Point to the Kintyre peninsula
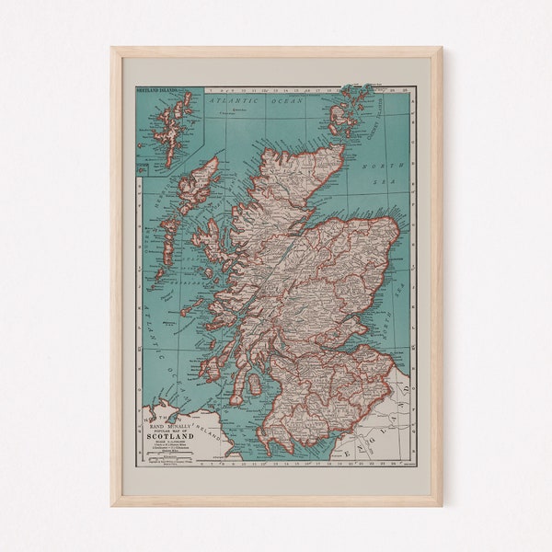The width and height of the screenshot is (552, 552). click(x=215, y=378)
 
